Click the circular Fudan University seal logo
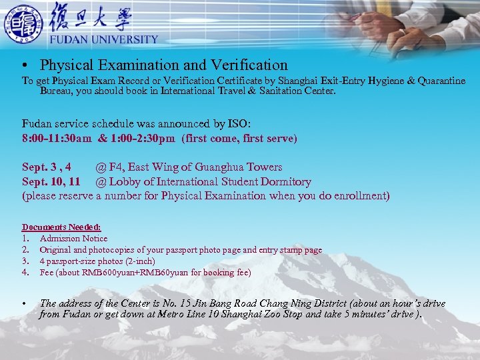[x=23, y=23]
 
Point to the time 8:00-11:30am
[x=57, y=139]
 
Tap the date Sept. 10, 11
[x=51, y=181]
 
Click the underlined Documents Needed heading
[x=61, y=227]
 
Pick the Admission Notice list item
[x=73, y=238]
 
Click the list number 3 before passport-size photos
[x=25, y=261]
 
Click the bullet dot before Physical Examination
[x=24, y=66]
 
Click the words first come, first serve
[x=239, y=139]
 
